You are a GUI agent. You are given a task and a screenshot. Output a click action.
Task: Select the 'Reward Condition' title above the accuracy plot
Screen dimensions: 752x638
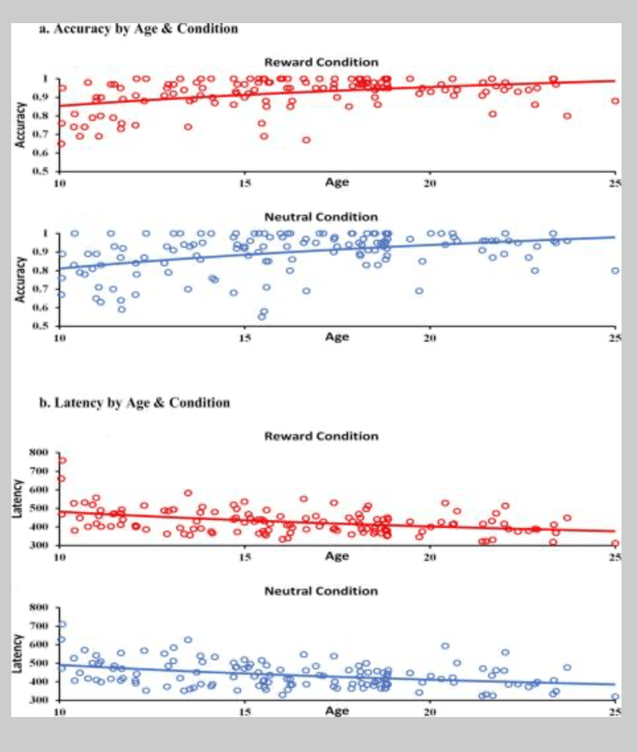coord(321,62)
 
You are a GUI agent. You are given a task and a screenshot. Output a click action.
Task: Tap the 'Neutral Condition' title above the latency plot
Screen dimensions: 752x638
coord(321,590)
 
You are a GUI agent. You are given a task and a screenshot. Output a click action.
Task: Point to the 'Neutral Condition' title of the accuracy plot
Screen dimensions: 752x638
coord(321,217)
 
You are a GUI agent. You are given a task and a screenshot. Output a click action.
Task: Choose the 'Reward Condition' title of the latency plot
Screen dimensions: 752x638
coord(321,436)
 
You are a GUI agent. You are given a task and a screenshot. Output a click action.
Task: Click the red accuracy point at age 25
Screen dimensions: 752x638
coord(615,101)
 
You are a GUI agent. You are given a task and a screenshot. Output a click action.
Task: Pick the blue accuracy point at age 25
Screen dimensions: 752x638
coord(615,270)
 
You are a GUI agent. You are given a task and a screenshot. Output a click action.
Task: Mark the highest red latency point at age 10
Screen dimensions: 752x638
coord(62,461)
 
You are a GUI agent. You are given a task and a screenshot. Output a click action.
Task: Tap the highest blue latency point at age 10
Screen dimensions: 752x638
coord(62,624)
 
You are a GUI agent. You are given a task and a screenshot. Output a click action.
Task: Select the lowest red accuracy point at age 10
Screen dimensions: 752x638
coord(61,143)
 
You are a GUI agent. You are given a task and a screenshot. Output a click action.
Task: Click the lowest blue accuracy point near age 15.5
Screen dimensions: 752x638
coord(262,317)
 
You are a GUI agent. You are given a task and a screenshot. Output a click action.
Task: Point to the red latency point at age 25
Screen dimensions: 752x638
coord(615,543)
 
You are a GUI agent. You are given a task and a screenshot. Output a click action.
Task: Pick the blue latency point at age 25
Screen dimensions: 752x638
coord(615,696)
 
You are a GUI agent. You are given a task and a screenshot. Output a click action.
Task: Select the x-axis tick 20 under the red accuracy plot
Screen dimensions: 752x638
coord(430,182)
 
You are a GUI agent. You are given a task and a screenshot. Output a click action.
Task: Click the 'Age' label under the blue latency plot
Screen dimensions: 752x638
coord(336,711)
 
